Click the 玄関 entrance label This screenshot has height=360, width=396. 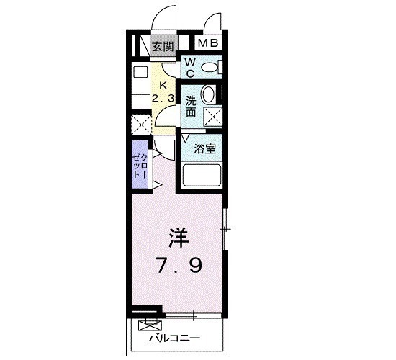point(163,47)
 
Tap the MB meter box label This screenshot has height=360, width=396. point(208,43)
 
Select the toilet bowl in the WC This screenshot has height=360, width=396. point(210,68)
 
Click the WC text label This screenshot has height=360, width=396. point(190,68)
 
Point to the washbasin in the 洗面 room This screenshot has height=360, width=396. point(209,95)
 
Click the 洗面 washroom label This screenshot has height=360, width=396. point(191,107)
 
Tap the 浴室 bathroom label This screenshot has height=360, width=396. point(204,149)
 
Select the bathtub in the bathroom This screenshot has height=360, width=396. point(202,176)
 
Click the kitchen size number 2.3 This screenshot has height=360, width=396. point(163,98)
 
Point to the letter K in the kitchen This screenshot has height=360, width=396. point(163,86)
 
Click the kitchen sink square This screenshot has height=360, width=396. point(140,72)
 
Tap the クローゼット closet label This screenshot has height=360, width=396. point(140,166)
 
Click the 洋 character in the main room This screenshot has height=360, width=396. point(179,238)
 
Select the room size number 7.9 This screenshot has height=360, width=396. point(179,265)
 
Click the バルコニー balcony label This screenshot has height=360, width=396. point(174,338)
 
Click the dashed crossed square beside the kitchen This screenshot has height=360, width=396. point(141,125)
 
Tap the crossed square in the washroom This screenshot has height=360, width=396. point(213,117)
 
